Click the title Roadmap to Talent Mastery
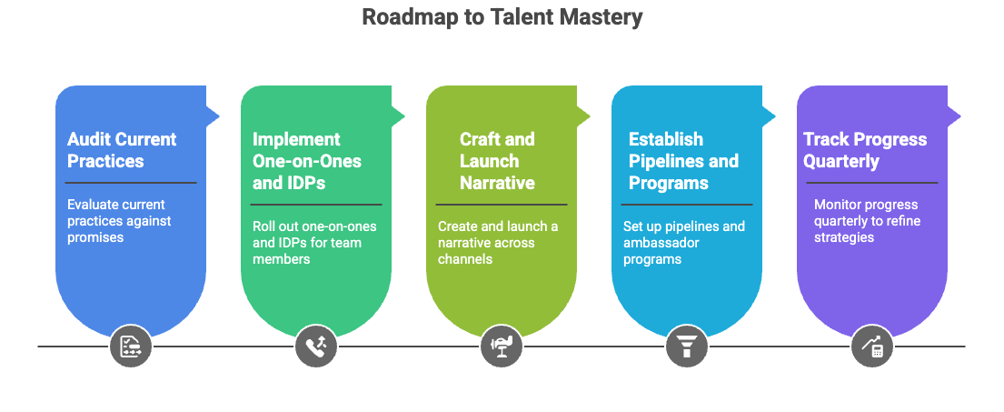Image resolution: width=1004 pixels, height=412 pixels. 502,16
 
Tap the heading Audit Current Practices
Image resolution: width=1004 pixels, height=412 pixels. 122,150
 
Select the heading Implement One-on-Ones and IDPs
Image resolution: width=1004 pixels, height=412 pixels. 307,161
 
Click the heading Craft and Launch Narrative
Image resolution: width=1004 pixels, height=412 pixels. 497,161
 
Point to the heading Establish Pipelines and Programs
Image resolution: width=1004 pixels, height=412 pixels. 683,161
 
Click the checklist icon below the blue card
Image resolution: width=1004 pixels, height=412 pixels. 130,347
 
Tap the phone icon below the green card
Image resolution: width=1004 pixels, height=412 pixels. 315,347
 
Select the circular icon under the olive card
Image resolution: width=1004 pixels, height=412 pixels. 501,347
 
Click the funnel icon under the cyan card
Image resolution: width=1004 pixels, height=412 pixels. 686,347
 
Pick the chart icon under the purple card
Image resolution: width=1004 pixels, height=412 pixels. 871,347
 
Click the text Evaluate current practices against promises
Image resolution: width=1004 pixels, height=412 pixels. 119,220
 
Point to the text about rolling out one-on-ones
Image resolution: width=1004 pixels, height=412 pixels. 314,242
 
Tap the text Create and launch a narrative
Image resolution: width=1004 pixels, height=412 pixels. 498,242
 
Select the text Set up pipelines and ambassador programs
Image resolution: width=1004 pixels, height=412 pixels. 683,242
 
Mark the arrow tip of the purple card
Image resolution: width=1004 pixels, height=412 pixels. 963,115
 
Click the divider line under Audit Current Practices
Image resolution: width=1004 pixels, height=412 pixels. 131,183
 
